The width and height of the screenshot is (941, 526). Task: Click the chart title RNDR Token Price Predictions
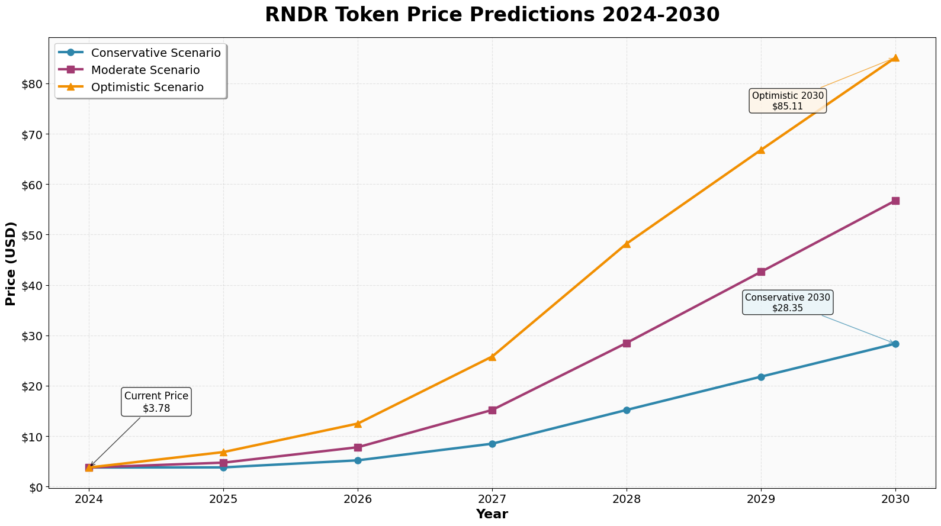coord(492,15)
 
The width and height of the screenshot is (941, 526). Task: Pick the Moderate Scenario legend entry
coord(145,70)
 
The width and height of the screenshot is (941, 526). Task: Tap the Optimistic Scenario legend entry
coord(147,87)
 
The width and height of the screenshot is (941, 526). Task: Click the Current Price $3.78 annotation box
coord(156,402)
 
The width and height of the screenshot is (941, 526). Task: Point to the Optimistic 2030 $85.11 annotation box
coord(788,101)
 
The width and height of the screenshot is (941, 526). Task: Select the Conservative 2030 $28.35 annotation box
coord(788,302)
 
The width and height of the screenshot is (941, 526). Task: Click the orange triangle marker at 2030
coord(895,58)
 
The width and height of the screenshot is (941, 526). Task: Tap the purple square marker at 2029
coord(761,272)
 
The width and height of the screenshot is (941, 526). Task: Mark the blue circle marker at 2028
coord(627,410)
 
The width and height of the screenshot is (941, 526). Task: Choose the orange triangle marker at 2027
coord(492,357)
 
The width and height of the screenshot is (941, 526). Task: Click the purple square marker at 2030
coord(895,201)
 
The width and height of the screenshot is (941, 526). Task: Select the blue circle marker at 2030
coord(895,344)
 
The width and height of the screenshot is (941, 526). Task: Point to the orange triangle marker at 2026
coord(358,424)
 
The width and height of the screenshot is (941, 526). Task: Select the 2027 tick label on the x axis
coord(492,499)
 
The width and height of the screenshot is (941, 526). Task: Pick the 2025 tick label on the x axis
coord(223,499)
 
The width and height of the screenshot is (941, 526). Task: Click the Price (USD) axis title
coord(11,263)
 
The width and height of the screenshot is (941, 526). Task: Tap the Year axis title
coord(492,514)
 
